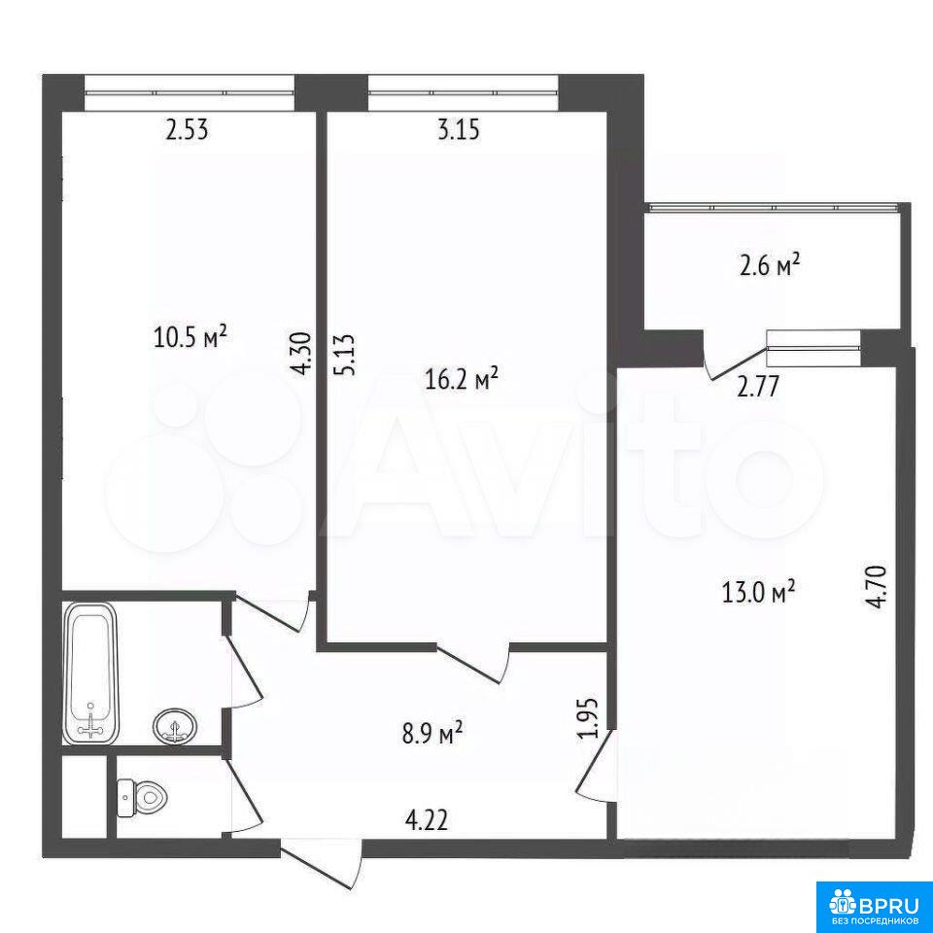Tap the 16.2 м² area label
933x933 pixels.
point(462,378)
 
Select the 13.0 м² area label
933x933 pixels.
point(759,592)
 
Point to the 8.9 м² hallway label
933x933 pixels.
point(432,733)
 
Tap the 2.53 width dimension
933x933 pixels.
point(187,129)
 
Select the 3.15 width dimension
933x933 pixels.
point(458,129)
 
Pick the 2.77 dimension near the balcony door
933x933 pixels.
point(757,387)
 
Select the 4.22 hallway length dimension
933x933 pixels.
point(426,821)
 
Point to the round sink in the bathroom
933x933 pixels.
point(176,726)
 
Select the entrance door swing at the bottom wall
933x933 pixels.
point(322,864)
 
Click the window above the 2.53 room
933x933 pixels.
point(190,93)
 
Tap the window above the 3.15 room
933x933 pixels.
point(464,93)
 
